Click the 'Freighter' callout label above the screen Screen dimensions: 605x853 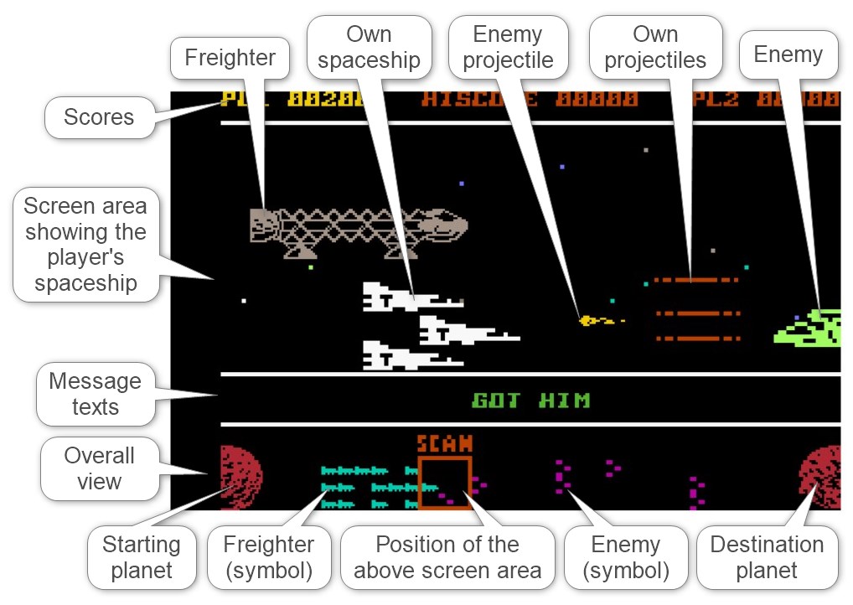tap(230, 58)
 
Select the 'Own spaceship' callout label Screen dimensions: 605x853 tap(370, 48)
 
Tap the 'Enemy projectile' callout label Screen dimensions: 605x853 tap(509, 48)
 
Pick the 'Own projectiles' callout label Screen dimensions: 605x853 tap(655, 48)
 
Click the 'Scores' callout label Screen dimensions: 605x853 tap(99, 117)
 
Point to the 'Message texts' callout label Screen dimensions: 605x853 tap(95, 395)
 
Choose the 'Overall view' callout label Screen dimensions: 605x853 tap(99, 468)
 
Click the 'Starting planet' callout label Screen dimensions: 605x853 tap(141, 558)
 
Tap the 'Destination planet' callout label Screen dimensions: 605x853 tap(767, 558)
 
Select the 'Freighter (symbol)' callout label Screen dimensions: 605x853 tap(268, 558)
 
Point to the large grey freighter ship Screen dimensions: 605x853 tap(358, 229)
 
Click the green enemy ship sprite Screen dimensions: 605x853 tap(809, 327)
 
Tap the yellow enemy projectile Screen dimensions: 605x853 tap(589, 320)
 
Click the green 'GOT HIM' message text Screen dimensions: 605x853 tap(530, 401)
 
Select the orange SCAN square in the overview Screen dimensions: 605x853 tap(445, 483)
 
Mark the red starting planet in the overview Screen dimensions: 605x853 tap(239, 477)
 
